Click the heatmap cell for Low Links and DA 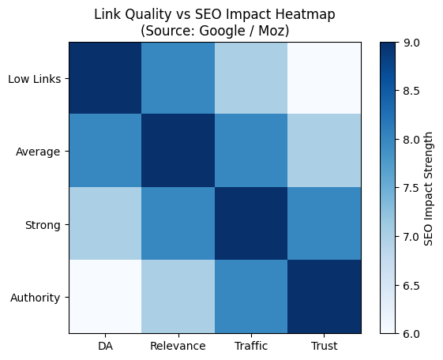point(105,78)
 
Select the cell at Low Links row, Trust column point(325,78)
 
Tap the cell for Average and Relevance point(178,151)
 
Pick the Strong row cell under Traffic point(251,224)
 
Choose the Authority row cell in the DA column point(105,297)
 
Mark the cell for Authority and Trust point(325,297)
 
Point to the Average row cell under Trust point(325,151)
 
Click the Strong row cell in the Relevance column point(178,224)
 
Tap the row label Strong point(43,224)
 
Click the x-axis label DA point(105,346)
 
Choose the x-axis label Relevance point(178,346)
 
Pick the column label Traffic point(251,346)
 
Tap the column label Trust point(325,346)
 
